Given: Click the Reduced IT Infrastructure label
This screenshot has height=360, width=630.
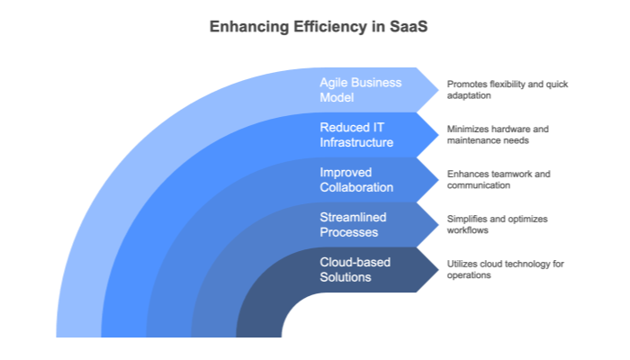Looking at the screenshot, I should tap(356, 134).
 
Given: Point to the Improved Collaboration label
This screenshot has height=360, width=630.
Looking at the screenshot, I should tap(356, 179).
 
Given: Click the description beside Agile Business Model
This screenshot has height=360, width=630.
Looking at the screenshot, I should tap(508, 89).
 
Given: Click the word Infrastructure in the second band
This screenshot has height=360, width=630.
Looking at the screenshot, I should tap(356, 142).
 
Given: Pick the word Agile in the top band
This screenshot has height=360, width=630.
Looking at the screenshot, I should tap(333, 82).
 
